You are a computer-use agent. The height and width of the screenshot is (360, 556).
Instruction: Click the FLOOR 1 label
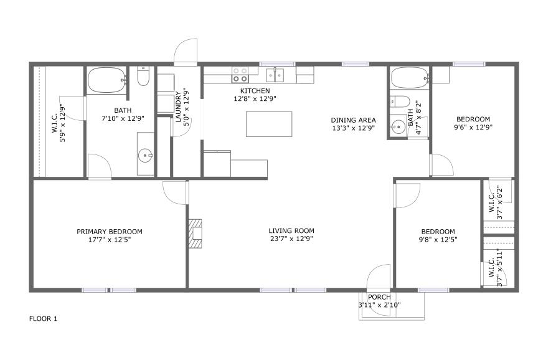tap(43, 318)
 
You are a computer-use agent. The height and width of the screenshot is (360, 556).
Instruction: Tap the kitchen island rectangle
tap(269, 124)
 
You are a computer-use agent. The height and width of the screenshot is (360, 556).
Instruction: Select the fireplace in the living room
tap(195, 234)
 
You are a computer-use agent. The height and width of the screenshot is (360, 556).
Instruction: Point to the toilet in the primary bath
tap(143, 77)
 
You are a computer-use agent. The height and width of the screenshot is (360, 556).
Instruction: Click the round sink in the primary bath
tap(145, 155)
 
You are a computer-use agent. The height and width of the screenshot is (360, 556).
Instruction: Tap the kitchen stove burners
tap(240, 75)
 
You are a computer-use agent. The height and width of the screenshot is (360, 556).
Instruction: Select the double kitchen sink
tap(275, 75)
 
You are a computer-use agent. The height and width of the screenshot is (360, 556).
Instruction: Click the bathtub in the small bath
tap(410, 77)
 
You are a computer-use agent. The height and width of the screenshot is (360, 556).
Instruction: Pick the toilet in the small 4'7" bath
tap(400, 102)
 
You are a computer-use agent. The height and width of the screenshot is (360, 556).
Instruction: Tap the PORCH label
tap(379, 297)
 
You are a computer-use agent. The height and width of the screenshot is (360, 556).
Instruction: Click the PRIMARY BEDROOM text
tap(110, 232)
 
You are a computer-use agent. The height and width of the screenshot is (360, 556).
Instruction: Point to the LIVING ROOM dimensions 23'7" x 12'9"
tap(291, 239)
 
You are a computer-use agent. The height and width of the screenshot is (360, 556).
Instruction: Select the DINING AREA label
tap(353, 120)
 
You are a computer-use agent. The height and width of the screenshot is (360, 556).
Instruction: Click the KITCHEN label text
tap(255, 91)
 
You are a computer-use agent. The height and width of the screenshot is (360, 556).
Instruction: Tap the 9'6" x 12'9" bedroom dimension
tap(473, 127)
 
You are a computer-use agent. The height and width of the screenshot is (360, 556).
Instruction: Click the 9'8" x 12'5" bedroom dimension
tap(438, 239)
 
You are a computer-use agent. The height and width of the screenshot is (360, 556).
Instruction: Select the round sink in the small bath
tap(398, 126)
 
